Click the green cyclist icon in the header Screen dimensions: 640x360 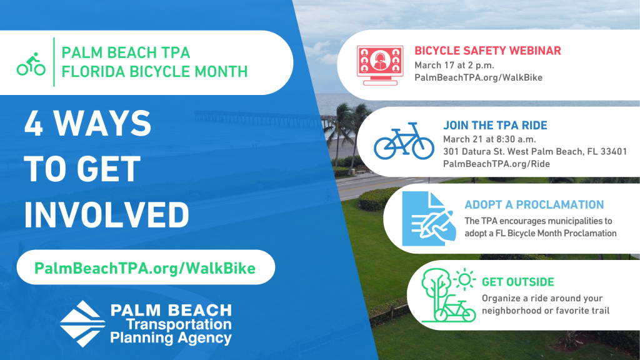coord(31,64)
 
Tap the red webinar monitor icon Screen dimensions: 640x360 coord(380,65)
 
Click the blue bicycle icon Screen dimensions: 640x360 coord(404,141)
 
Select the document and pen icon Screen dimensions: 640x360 coord(429,219)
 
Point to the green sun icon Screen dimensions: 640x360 coord(464,279)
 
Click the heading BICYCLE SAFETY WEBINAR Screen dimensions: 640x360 coord(487,51)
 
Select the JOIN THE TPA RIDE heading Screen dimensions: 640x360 coord(495,125)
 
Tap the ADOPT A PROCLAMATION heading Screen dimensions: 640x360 coord(534,204)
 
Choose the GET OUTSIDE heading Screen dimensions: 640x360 coord(518,282)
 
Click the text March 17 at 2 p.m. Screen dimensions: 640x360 coord(454,65)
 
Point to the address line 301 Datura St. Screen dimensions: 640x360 coord(535,152)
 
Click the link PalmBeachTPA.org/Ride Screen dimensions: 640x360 coord(496,164)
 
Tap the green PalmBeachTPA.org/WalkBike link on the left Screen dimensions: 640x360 coord(145,268)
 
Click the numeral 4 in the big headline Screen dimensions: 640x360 coord(34,123)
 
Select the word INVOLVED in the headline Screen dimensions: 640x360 coord(106,215)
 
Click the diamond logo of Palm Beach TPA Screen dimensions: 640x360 coord(83,324)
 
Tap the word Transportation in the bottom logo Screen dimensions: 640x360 coord(179,324)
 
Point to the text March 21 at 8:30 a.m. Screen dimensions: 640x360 coord(489,139)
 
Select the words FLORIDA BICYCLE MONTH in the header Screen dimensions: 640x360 coord(155,71)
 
